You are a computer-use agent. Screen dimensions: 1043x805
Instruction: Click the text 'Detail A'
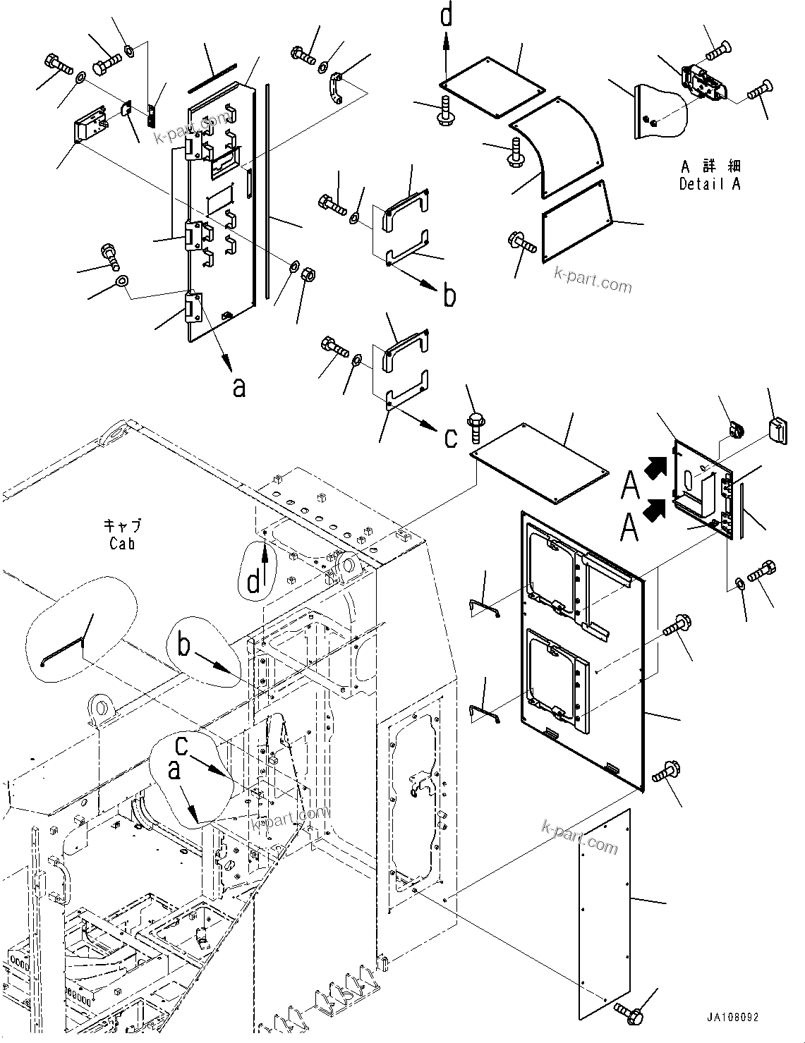pos(710,185)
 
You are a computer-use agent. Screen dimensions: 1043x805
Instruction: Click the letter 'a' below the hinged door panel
pos(239,386)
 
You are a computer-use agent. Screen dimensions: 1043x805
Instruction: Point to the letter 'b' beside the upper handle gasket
pos(449,296)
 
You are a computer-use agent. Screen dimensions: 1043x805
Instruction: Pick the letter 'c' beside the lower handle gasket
pos(450,437)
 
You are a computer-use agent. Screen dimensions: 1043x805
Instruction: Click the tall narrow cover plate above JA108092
pos(604,915)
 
